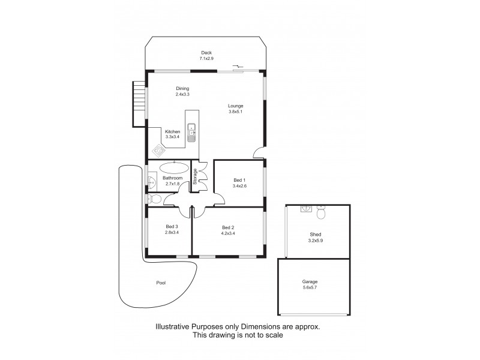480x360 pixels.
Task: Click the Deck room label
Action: (206, 53)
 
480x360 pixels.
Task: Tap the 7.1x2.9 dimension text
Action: (206, 59)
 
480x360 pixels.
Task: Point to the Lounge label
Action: (236, 106)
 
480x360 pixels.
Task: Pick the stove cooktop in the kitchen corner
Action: (159, 150)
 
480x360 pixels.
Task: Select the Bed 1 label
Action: (239, 179)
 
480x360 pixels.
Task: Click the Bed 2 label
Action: (227, 227)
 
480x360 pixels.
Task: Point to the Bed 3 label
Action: (172, 226)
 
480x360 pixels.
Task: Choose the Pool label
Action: (161, 283)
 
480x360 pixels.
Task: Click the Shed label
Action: (316, 235)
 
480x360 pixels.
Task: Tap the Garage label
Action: (310, 281)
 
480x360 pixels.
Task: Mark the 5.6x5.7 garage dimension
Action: (310, 288)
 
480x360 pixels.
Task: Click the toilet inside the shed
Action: (321, 212)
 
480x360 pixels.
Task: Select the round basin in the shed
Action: (305, 209)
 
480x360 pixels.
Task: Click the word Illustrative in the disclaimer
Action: (174, 327)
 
